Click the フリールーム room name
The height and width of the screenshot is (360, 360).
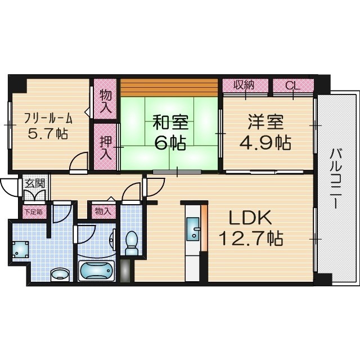coord(48,118)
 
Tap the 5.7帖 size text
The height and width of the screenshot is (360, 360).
coord(48,135)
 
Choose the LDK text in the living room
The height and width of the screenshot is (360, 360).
coord(250,218)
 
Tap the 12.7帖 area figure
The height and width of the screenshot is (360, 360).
coord(250,239)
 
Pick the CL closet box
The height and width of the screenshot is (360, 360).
coord(292,85)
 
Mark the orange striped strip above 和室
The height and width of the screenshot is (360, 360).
coord(169,87)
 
